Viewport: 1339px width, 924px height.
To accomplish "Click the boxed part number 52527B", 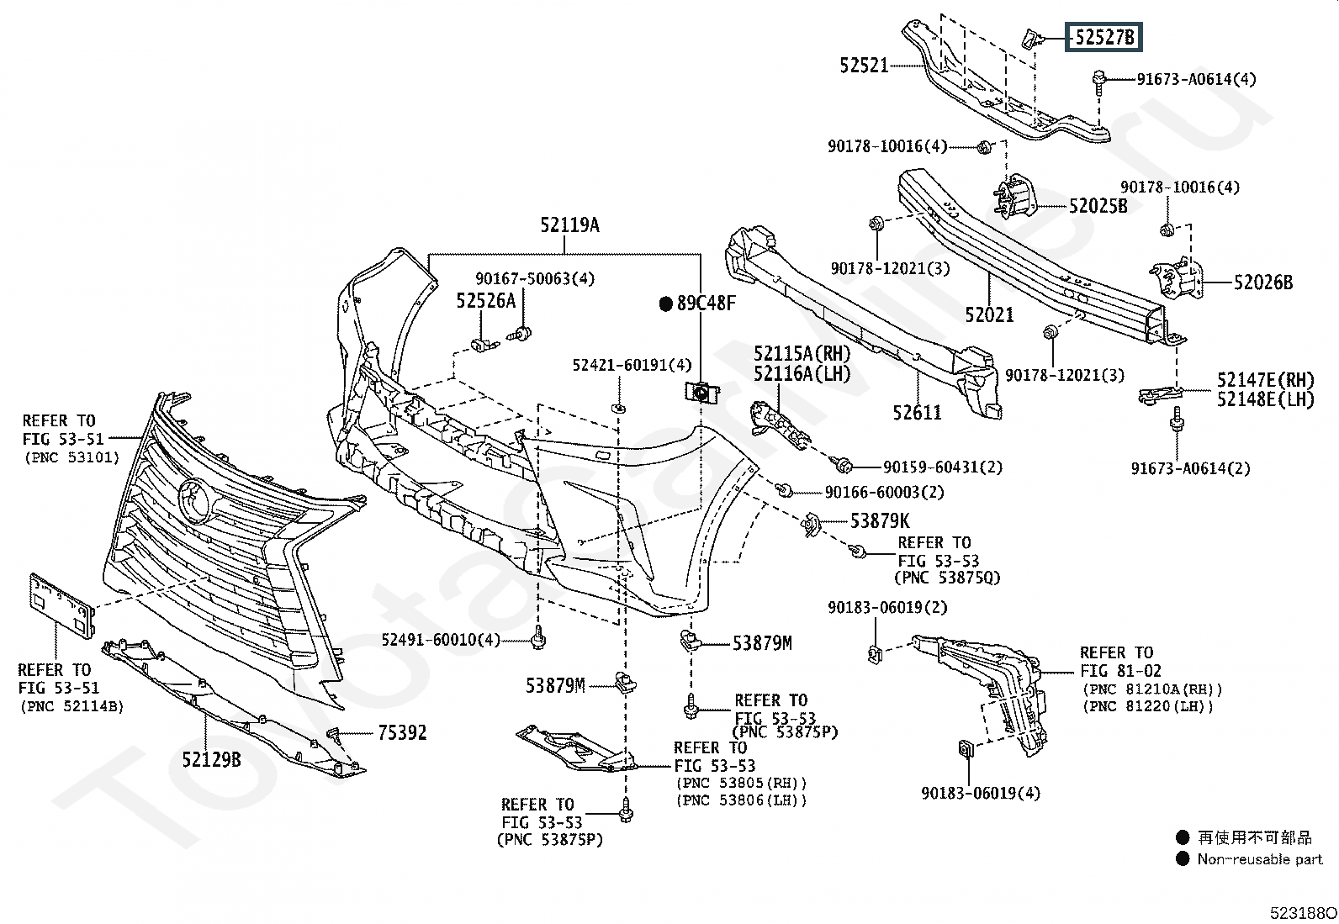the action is (1103, 38).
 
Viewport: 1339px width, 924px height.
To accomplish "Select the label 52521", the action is (864, 65).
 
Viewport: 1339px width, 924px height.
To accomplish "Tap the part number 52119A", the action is (569, 224).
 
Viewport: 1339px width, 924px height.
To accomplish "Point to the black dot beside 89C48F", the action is (666, 304).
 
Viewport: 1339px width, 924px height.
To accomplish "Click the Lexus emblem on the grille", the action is (195, 502).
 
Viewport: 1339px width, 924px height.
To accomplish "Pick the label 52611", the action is (917, 412).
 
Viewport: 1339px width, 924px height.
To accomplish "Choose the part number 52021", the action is (989, 314).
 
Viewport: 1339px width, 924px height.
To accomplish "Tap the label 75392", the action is (402, 733).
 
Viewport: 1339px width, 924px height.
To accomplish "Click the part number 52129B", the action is (211, 760).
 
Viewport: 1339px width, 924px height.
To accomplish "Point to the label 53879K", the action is (879, 521).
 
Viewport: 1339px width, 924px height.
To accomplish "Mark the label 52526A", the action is (485, 301).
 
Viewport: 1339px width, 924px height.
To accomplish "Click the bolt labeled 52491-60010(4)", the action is (539, 637).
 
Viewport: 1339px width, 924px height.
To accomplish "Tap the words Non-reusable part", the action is (1260, 859).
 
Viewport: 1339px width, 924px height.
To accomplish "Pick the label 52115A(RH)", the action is (802, 354).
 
